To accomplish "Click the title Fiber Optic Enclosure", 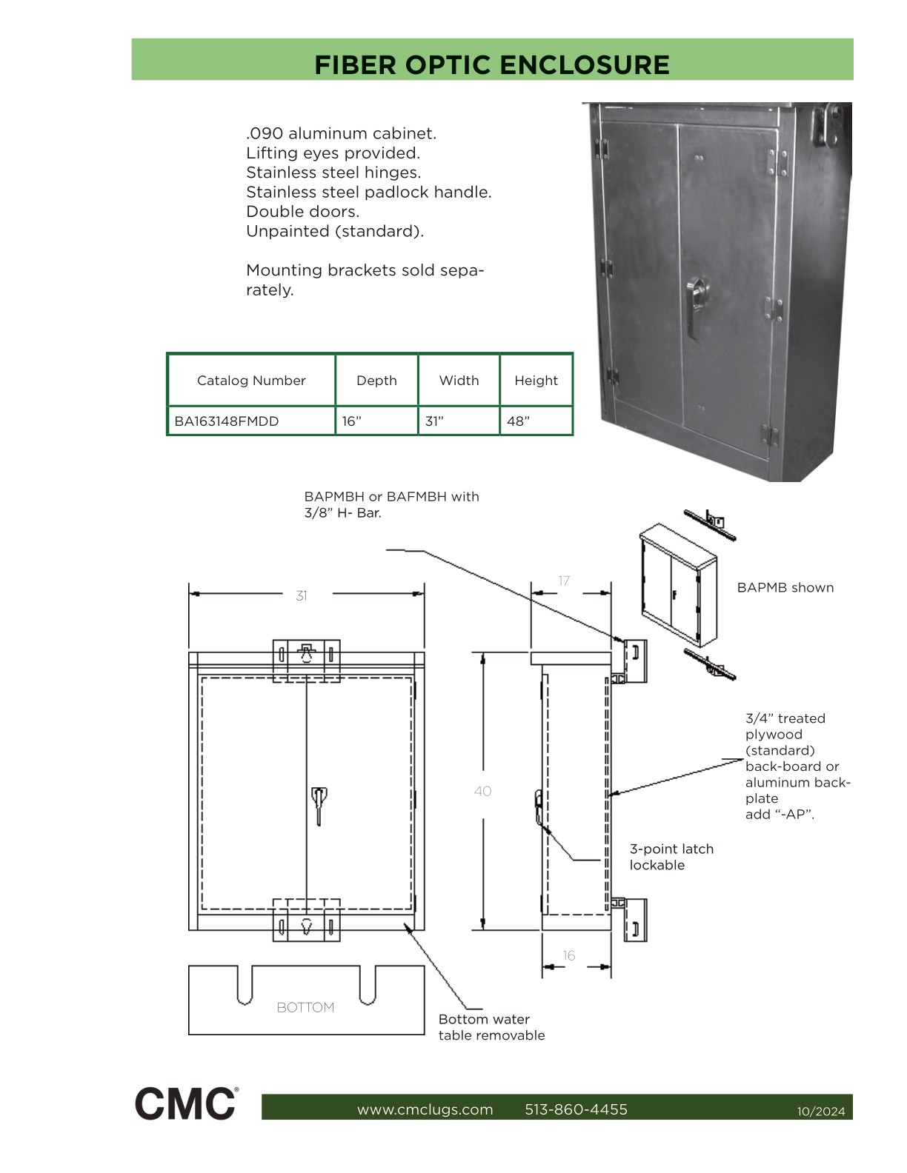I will click(491, 64).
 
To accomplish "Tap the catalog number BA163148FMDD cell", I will click(227, 421).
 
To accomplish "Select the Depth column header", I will click(376, 381).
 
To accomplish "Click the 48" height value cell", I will click(519, 421).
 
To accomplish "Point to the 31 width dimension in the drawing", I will click(302, 595).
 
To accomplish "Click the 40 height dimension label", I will click(482, 791).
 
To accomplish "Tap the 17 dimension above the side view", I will click(564, 581).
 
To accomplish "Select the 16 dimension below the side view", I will click(568, 955).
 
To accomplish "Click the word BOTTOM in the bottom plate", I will click(305, 1007).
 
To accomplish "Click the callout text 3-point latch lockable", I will click(671, 857).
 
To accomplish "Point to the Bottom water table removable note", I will click(491, 1027).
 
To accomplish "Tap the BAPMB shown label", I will click(785, 587).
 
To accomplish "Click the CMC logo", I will click(186, 1103).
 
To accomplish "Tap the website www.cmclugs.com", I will click(425, 1109).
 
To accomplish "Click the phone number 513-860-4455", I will click(576, 1109).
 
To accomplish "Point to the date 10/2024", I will click(820, 1111).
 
